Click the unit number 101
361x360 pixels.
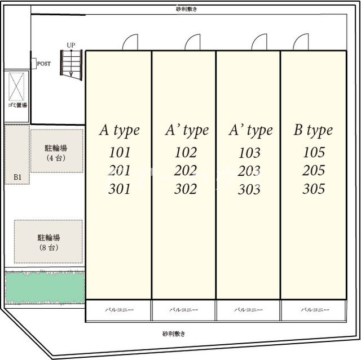pos(119,152)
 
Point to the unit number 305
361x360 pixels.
pos(314,152)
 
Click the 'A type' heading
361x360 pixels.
pos(119,131)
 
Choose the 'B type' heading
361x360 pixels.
pos(313,131)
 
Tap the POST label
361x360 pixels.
pos(43,64)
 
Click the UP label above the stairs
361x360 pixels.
pos(71,45)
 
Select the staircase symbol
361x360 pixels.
pos(71,63)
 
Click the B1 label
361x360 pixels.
pos(17,178)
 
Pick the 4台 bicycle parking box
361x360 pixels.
pos(56,152)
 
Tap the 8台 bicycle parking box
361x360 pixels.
pos(48,242)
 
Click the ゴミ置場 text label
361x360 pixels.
pos(17,105)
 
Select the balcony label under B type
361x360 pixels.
pos(313,310)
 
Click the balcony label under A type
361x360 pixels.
pos(119,310)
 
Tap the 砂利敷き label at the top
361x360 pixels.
pos(186,9)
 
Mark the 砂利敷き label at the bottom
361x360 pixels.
pos(173,334)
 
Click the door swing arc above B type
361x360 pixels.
pos(301,42)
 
